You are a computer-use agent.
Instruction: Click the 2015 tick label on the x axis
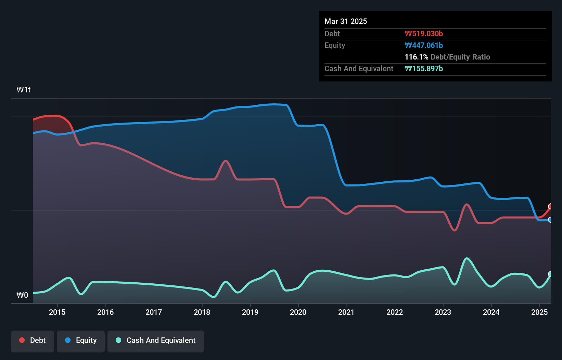coord(57,312)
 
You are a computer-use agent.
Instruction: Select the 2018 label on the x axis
coord(202,312)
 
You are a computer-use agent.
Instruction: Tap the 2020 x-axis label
coord(298,312)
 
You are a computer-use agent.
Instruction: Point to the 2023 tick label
coord(443,312)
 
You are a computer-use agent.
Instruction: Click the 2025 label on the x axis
coord(539,312)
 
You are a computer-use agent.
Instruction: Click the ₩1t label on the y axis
coord(24,90)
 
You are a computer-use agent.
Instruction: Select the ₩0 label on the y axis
coord(22,295)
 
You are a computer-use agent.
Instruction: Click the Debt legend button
coord(33,340)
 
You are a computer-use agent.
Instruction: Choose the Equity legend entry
coord(81,340)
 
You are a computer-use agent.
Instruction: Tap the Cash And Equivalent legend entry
coord(156,340)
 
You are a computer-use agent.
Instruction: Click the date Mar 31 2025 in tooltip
coord(346,21)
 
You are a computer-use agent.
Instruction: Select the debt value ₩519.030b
coord(424,34)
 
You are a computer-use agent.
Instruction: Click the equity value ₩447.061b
coord(424,45)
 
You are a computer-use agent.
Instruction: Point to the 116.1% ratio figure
coord(416,57)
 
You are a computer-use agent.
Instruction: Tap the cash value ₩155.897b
coord(424,68)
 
